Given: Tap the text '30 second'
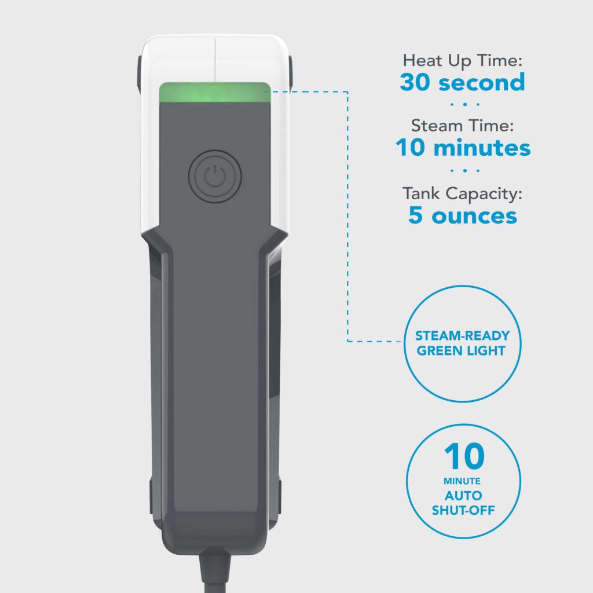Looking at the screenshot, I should [462, 82].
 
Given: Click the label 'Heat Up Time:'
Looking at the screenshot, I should [462, 60].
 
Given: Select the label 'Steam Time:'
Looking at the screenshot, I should [462, 126].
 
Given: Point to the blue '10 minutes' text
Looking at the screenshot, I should [463, 148].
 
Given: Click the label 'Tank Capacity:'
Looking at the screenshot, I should [462, 193].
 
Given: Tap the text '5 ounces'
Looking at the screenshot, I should [462, 215].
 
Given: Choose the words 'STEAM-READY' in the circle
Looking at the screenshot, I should [462, 336].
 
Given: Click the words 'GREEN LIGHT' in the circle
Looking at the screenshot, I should [462, 350].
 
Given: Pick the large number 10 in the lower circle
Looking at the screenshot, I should [462, 457].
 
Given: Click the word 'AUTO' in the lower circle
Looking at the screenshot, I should [462, 496].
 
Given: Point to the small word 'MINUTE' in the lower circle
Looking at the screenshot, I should [462, 481].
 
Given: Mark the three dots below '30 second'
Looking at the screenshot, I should [462, 105].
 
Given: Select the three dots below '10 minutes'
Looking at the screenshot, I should [462, 171].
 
